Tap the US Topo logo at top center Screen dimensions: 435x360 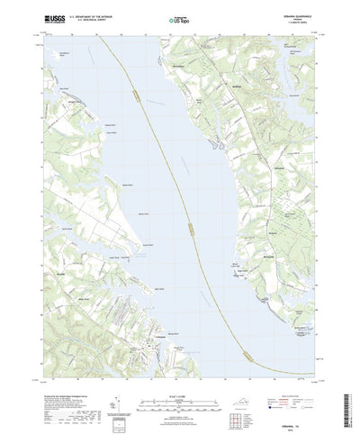coord(179,18)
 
